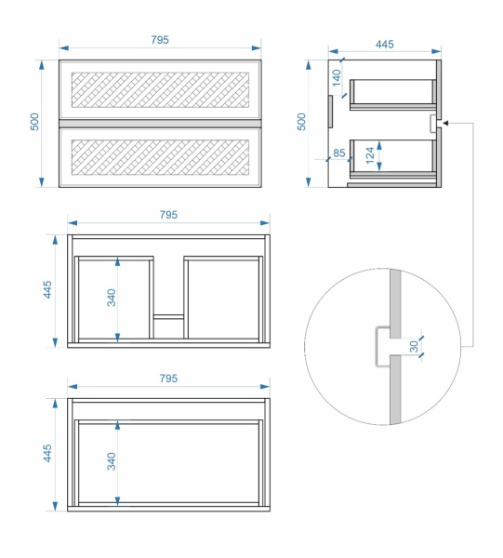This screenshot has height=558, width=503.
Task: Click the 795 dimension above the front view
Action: [x=160, y=39]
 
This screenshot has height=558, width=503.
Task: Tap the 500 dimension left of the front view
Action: [x=34, y=122]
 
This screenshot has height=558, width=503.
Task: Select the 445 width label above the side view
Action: [x=385, y=44]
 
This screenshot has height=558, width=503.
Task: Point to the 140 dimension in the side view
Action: [x=337, y=77]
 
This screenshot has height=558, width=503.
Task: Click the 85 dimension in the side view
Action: [x=339, y=153]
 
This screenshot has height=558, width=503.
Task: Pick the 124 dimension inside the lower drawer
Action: [x=370, y=155]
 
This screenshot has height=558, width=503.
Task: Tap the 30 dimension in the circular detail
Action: [x=414, y=346]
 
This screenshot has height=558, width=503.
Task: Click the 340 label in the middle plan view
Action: [x=112, y=298]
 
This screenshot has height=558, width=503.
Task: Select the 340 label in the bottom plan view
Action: [x=112, y=461]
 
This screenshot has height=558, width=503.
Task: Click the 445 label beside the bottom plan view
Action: [x=47, y=453]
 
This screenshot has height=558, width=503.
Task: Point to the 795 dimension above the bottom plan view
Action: [x=168, y=378]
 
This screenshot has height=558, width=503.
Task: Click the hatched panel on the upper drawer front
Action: [x=160, y=90]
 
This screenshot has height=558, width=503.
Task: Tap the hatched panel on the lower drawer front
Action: [x=160, y=157]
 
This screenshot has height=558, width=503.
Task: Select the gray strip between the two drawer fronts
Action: [x=160, y=124]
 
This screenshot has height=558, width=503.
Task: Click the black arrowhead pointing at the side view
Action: [x=445, y=123]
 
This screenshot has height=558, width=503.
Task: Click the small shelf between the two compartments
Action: [x=168, y=316]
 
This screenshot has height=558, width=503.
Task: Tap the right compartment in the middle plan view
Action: [x=223, y=299]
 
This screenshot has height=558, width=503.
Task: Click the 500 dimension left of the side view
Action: [x=301, y=122]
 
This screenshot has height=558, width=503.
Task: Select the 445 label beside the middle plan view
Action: [x=47, y=289]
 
